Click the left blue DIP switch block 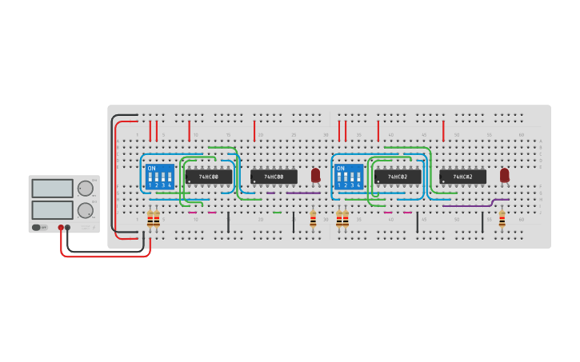coord(160,177)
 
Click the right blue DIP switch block coord(349,177)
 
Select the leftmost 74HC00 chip coord(208,177)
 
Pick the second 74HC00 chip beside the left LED coord(274,177)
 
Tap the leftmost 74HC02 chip coord(398,177)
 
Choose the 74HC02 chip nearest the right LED coord(462,177)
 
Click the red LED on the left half coord(315,174)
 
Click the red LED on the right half coord(504,174)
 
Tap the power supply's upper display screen coord(52,189)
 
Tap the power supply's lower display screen coord(52,210)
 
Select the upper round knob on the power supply coord(84,189)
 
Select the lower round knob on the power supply coord(84,210)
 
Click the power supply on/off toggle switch coord(38,228)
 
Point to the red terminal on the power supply coord(61,228)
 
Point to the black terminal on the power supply coord(68,228)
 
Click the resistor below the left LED coord(313,219)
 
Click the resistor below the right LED coord(502,219)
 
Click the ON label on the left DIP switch coord(151,169)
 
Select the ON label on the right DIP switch coord(340,169)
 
